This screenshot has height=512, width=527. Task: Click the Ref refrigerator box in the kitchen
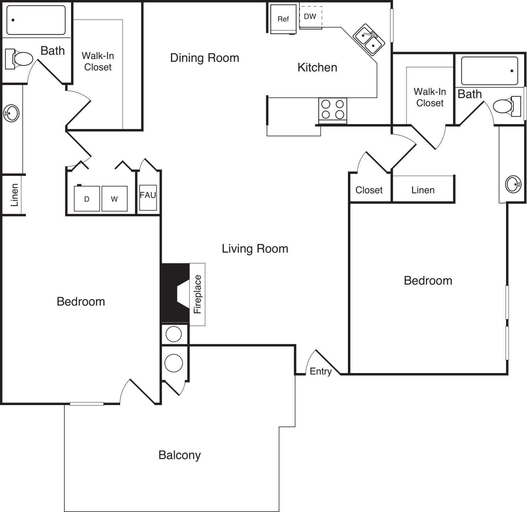[283, 19]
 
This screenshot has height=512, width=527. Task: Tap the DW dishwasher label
[310, 16]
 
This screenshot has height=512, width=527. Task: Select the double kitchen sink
[369, 40]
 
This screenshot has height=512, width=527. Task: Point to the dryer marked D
[87, 199]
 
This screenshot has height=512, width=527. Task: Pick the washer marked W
[114, 199]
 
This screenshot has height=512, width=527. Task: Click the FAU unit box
[148, 198]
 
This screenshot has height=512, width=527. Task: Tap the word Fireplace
[198, 294]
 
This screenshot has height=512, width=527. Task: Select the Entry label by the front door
[321, 372]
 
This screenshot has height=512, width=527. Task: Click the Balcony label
[179, 455]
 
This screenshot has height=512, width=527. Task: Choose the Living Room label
[255, 249]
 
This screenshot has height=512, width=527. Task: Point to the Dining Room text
[204, 58]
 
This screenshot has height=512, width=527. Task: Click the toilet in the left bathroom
[19, 59]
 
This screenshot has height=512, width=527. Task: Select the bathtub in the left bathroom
[36, 20]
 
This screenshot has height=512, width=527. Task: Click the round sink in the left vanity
[11, 113]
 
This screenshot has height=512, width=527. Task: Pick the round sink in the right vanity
[513, 184]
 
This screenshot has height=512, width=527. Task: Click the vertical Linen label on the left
[14, 195]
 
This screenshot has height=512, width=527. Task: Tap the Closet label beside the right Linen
[369, 190]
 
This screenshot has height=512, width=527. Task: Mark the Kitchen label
[317, 68]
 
